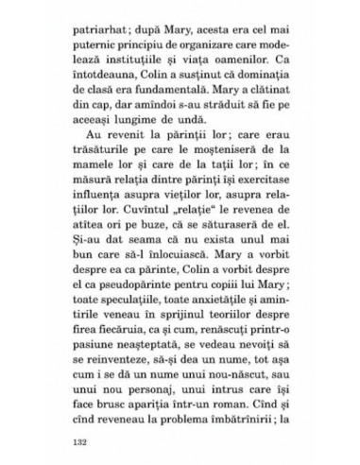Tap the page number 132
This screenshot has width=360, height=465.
click(x=85, y=439)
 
